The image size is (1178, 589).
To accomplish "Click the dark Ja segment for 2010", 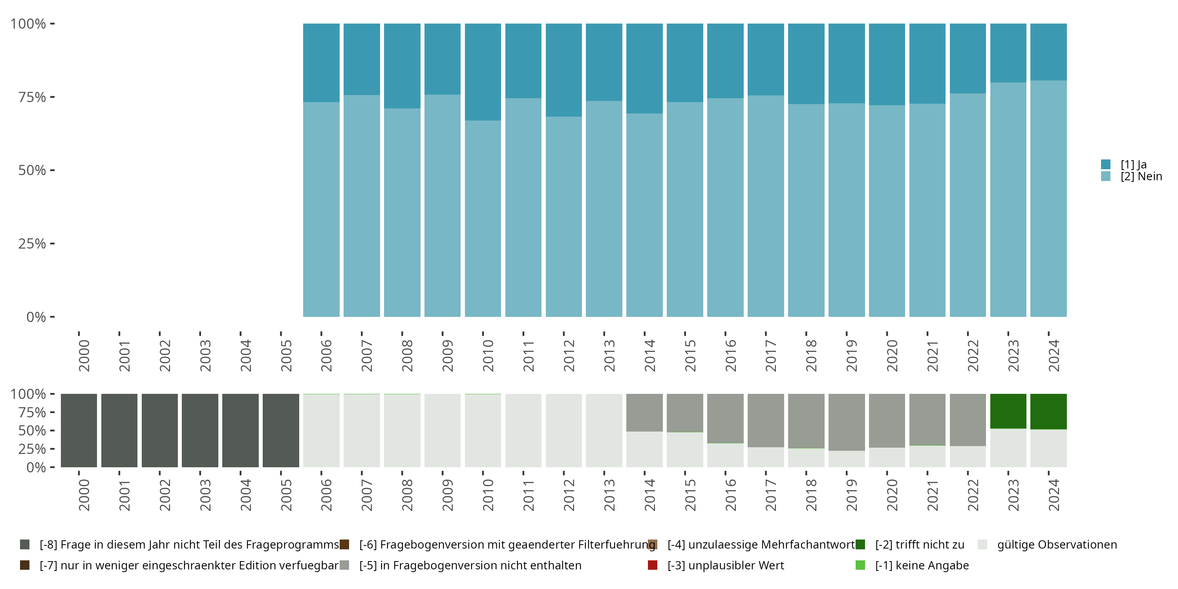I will pos(483,72).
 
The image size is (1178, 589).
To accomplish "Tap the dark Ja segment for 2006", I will pos(321,63).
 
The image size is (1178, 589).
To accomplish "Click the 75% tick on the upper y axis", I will pos(32,97).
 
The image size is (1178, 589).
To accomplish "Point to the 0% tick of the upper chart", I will pos(36,317).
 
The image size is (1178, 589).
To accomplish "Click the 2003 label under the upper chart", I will pos(205,355).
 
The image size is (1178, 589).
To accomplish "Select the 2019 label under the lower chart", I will pos(851,495).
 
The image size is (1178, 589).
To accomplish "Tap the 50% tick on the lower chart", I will pos(32,430).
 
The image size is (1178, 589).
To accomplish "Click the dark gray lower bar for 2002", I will pos(159,430).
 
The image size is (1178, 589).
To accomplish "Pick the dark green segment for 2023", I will pos(1008,411).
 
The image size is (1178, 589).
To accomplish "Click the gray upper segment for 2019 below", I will pos(847,422).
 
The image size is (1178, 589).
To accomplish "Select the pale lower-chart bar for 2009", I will pos(442,430).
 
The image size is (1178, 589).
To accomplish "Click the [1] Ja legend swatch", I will pos(1105,164).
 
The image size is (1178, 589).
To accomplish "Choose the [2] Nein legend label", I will pos(1141,177).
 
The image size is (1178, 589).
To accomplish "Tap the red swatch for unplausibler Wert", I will pos(653,565).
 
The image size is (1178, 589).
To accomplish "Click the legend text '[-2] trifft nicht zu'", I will pos(919,545).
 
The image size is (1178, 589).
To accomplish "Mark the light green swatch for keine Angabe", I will pos(860,565).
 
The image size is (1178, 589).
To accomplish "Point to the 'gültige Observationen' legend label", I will pos(1057,545).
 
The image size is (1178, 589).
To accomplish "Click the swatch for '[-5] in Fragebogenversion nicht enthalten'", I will pos(344,565).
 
